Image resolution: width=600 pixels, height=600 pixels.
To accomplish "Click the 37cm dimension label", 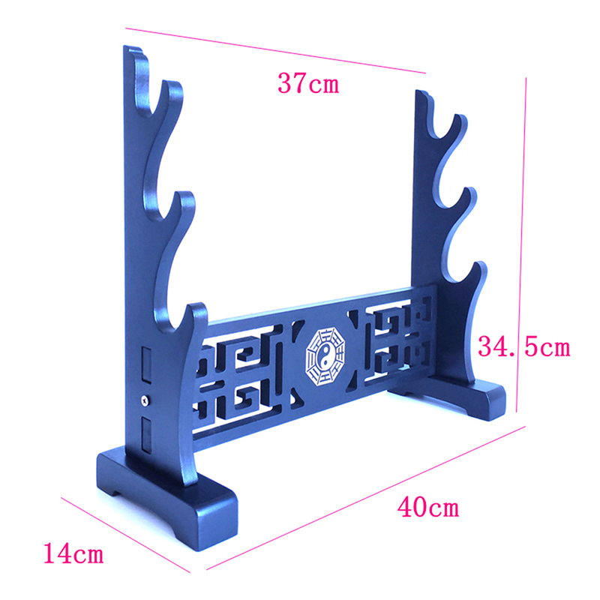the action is [x=308, y=83].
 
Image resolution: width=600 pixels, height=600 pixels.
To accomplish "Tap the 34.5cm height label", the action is [x=523, y=347].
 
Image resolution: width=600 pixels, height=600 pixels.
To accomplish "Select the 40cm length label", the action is [x=427, y=507].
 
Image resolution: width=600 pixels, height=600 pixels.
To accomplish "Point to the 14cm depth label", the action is [x=73, y=553].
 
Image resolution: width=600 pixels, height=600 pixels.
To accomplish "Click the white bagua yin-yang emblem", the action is [x=325, y=356].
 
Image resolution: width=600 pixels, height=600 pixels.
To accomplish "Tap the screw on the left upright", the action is [x=145, y=400].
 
